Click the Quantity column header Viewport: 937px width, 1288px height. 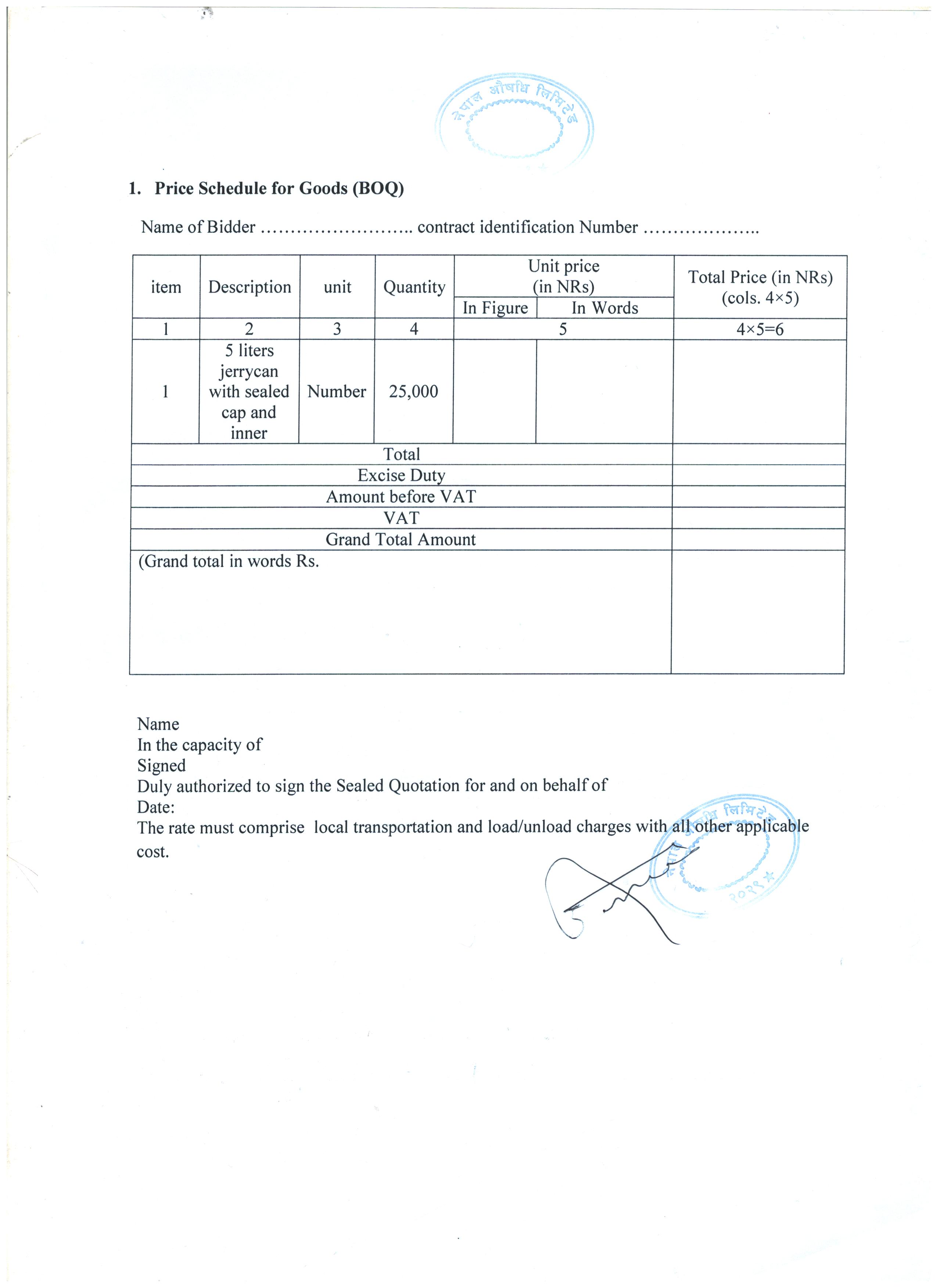414,287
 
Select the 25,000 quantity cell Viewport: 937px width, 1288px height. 414,392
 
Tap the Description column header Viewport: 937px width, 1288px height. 249,287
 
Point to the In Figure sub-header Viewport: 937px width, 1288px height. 495,308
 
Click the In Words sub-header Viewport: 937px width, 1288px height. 604,308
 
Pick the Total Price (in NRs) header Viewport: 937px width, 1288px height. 760,287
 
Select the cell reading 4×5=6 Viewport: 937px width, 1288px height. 760,329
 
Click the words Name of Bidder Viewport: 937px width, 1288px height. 198,227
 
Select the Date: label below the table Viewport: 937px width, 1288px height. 156,807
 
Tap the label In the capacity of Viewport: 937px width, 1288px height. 200,745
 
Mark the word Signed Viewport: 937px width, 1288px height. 161,766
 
